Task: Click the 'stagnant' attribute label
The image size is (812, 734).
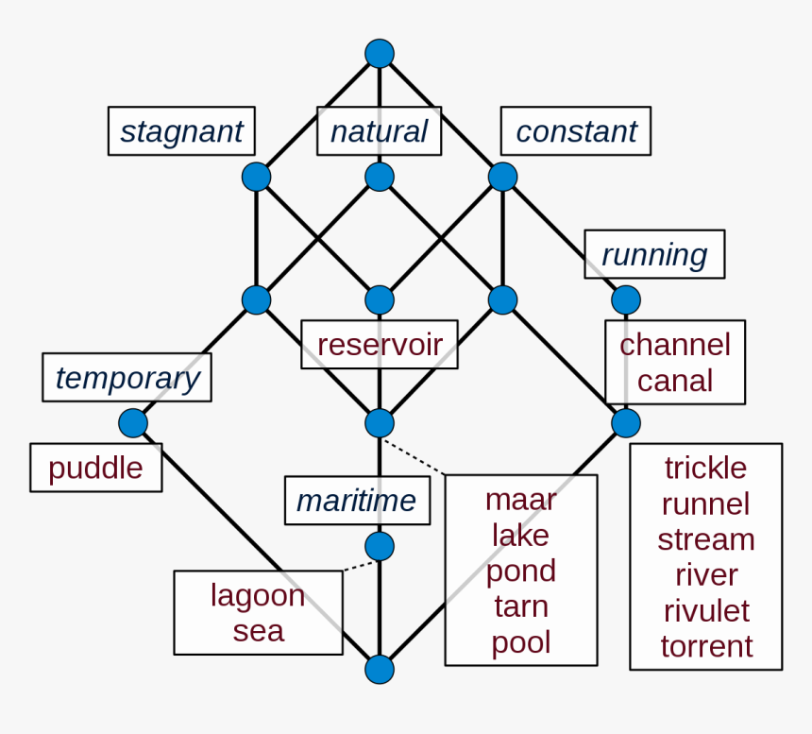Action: (181, 131)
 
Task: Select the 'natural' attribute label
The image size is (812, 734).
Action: (379, 131)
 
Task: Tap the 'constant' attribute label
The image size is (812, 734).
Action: (576, 131)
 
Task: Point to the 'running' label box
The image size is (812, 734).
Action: (654, 254)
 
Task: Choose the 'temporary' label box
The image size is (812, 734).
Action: (127, 378)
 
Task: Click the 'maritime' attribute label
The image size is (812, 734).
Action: (357, 501)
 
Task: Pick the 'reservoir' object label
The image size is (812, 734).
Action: (380, 345)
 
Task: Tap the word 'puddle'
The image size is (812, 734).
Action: (95, 469)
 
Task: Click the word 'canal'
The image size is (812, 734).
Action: (675, 381)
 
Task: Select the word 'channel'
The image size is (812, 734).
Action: (675, 345)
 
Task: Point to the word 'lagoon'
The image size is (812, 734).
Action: (258, 596)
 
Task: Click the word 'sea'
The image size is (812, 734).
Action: (259, 631)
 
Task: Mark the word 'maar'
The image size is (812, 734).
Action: (521, 501)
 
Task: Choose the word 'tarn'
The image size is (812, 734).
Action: (521, 606)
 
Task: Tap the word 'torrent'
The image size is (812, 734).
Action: (706, 646)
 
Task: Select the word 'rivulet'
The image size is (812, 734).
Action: (706, 610)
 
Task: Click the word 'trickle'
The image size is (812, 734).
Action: (706, 469)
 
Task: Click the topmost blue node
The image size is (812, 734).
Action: (380, 53)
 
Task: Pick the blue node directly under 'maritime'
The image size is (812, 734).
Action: (380, 547)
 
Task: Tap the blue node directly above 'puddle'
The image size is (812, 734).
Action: (133, 423)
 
